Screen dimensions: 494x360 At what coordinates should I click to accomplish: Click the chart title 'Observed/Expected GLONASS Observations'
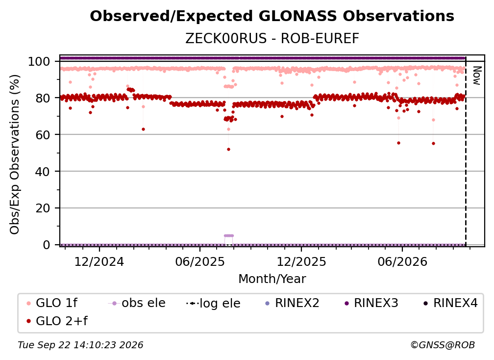point(272,16)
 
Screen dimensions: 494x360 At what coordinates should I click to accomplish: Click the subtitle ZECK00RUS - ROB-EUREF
point(272,39)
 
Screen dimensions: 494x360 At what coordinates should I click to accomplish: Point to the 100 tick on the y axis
point(39,61)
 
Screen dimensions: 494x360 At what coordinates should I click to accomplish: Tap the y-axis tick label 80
point(43,98)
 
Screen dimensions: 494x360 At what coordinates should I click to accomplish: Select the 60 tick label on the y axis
point(43,134)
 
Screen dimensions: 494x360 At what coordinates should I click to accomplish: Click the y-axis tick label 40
point(43,172)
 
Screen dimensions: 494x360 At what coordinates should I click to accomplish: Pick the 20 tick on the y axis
point(43,208)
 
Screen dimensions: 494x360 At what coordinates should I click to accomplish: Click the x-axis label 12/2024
point(99,262)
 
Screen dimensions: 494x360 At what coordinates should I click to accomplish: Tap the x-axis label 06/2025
point(200,262)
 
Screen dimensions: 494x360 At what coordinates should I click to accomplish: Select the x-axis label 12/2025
point(301,262)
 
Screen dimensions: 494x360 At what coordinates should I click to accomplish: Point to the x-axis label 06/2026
point(402,262)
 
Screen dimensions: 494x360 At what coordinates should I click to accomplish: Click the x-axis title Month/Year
point(272,279)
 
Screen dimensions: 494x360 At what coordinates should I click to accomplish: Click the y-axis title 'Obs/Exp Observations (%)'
point(15,154)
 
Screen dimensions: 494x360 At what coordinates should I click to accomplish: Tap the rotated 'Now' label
point(477,76)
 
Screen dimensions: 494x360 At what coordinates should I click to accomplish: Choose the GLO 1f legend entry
point(52,303)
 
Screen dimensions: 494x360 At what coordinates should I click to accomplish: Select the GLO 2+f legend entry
point(57,321)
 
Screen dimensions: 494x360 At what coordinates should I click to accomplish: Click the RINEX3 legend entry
point(371,303)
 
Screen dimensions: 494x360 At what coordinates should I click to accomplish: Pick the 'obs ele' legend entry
point(137,303)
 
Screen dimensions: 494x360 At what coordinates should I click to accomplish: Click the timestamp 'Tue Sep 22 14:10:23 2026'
point(80,345)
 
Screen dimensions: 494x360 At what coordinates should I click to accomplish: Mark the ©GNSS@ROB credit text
point(443,345)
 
